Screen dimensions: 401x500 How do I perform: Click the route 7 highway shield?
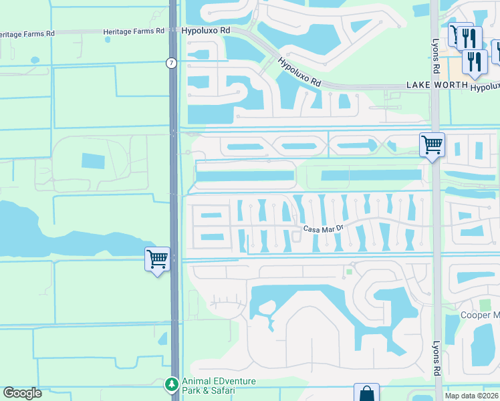(172, 63)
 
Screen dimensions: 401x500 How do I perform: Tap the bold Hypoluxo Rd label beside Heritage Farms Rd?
(205, 31)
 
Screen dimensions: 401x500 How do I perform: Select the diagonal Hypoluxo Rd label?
(299, 73)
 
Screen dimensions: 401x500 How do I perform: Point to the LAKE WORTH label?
(436, 86)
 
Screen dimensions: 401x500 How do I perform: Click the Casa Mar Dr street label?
(323, 229)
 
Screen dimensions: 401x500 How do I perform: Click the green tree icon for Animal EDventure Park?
(172, 385)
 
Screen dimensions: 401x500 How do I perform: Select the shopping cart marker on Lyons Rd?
(432, 144)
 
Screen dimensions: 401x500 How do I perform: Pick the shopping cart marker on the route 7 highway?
(157, 259)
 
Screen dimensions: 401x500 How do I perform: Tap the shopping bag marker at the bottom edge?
(367, 393)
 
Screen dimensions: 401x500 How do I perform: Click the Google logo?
(22, 393)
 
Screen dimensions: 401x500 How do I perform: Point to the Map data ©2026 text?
(472, 396)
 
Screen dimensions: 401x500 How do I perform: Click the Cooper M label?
(480, 315)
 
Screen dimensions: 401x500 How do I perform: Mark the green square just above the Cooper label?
(485, 305)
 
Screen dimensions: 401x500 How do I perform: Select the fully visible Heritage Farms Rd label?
(134, 31)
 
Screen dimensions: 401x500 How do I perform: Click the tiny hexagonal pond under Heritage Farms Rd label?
(107, 39)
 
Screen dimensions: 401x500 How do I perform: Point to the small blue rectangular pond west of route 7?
(93, 161)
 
